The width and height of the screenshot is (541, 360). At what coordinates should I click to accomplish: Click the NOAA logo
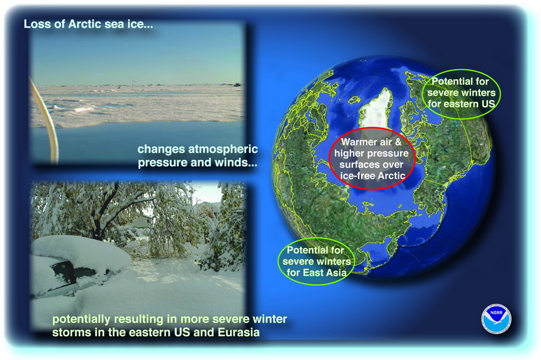tap(496, 319)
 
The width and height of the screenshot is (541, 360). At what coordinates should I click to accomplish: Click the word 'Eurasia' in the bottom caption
tap(238, 332)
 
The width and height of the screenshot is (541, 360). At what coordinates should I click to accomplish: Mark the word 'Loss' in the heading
tap(35, 24)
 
